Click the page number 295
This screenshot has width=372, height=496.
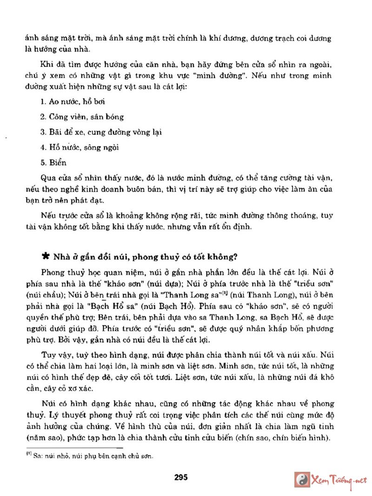pos(180,477)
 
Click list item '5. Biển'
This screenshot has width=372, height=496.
pos(53,163)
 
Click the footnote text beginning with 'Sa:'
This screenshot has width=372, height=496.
pos(93,456)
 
